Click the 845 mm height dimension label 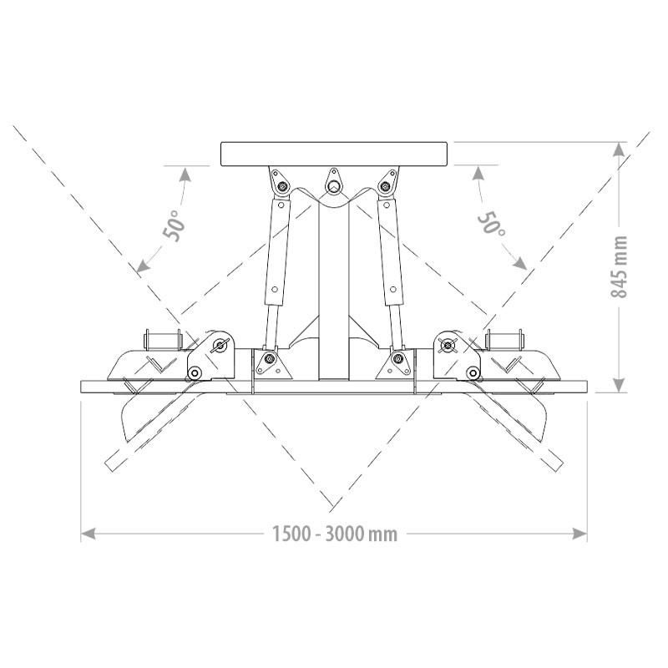(620, 266)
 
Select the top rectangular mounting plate (334, 154)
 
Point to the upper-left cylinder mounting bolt (281, 185)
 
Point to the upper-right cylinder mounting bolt (386, 185)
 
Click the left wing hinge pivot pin (219, 345)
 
